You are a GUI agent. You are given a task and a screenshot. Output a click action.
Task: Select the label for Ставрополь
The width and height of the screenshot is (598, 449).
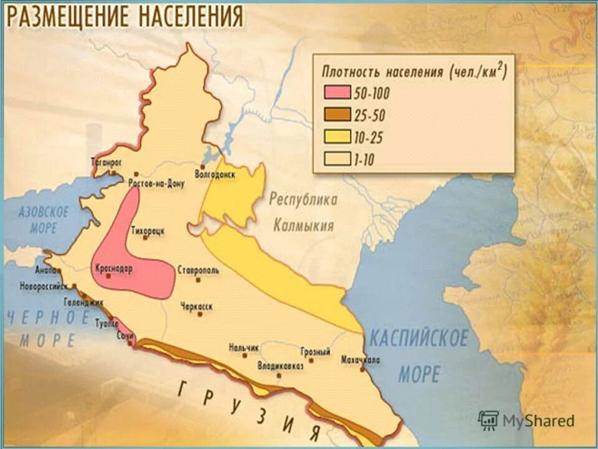(198, 271)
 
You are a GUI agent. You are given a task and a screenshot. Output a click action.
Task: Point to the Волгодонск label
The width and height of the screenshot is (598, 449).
(215, 175)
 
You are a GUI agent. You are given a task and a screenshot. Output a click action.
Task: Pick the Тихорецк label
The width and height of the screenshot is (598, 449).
(148, 230)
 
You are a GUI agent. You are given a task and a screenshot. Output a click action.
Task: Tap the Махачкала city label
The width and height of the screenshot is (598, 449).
(361, 360)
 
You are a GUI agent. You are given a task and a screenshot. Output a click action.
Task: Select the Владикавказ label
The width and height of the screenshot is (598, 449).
(280, 367)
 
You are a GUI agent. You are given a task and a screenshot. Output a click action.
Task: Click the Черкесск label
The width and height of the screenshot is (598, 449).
(197, 306)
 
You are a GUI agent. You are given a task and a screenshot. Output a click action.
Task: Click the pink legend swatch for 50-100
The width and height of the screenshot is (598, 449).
(336, 93)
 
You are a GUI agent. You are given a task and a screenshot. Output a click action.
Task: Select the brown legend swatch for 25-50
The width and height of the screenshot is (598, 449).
(336, 115)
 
